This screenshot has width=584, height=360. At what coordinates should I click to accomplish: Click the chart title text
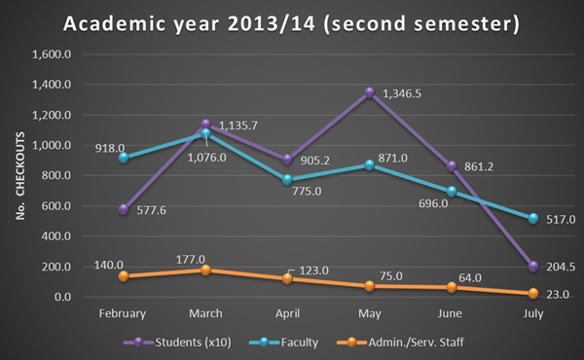coord(292,22)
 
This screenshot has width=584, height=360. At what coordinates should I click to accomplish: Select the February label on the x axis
coord(122,313)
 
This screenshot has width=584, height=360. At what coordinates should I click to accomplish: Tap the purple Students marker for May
coord(369,92)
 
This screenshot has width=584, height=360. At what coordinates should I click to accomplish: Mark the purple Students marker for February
coord(123,209)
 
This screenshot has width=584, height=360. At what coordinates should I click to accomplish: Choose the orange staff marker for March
coord(204,270)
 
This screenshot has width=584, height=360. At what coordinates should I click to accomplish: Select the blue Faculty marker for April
coord(287,179)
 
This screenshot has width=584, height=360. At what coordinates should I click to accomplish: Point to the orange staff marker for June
coord(449,287)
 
